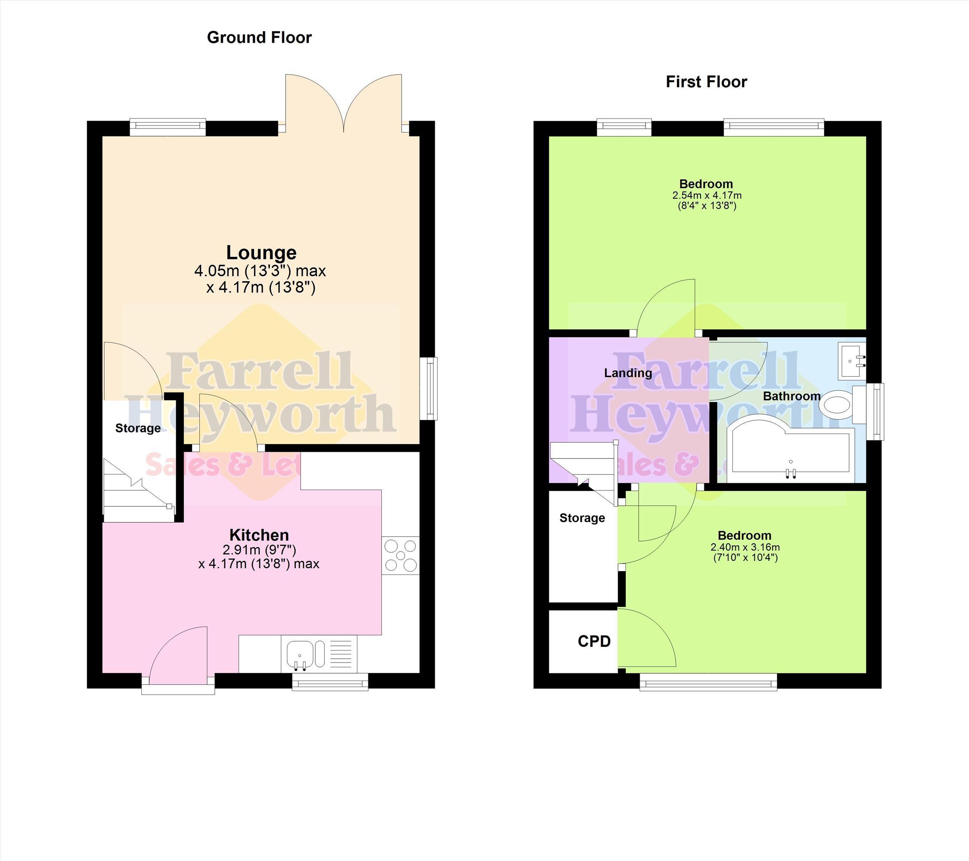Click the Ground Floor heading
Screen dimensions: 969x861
259,37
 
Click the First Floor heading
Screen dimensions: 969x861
707,82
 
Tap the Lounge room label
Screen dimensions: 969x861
261,253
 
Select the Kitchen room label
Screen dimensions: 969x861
259,535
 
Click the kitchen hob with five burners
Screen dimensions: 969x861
401,555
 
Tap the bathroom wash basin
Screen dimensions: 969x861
852,361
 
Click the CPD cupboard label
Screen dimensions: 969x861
594,641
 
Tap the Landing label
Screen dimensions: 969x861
628,373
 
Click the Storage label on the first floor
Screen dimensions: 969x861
582,518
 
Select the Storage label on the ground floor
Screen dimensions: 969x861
138,429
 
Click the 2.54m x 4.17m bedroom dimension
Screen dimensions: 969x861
707,195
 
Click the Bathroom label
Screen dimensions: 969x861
792,396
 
